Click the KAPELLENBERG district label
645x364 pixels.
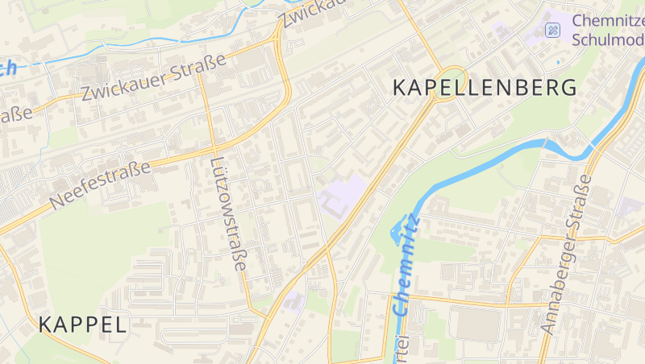pos(485,88)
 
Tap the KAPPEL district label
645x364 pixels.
pos(82,325)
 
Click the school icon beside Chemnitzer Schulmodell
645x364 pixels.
pos(552,31)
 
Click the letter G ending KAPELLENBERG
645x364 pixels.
pos(568,88)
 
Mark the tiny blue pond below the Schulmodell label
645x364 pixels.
pos(558,61)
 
